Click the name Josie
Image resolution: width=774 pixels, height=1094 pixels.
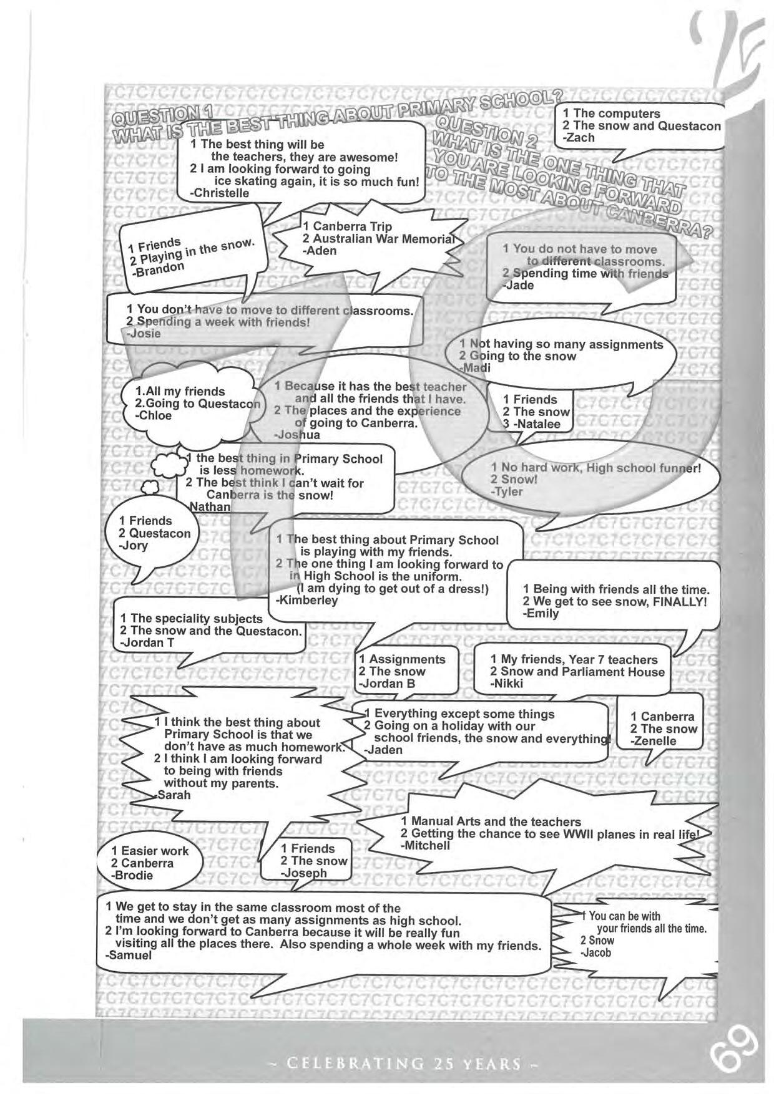[144, 334]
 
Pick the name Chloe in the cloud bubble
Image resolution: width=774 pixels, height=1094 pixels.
[154, 415]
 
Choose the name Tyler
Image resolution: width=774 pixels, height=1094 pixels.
[507, 491]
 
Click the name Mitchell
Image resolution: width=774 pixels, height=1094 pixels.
[426, 846]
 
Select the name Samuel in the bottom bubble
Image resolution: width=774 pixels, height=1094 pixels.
[129, 955]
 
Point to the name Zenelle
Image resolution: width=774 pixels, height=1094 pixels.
[654, 741]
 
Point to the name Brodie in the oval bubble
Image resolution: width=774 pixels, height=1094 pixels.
[132, 875]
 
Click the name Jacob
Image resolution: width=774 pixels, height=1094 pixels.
[596, 953]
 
